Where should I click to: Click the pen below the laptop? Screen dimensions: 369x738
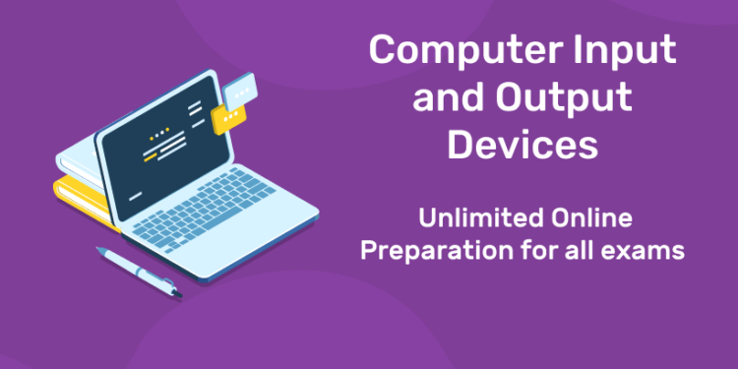[x=138, y=270]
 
